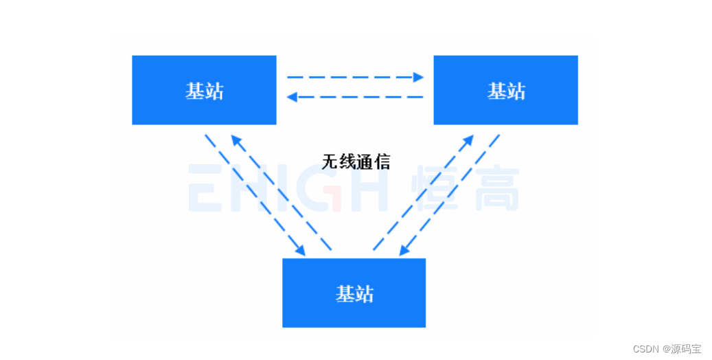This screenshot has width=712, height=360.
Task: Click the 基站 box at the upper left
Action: click(x=204, y=90)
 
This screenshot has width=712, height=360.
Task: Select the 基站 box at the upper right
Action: click(x=505, y=90)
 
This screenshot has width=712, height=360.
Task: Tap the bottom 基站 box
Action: click(x=354, y=293)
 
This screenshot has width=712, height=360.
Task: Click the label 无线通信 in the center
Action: click(x=356, y=162)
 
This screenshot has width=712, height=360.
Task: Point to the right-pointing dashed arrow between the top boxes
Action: click(x=354, y=77)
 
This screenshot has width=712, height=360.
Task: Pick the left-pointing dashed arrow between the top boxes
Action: click(x=354, y=97)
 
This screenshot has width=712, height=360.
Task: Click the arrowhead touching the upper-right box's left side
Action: click(x=418, y=77)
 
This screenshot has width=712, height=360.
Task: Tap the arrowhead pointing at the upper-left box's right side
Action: click(x=292, y=97)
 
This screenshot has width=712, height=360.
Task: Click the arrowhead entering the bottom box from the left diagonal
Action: click(x=300, y=251)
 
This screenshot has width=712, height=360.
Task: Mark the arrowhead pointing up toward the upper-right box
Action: click(x=468, y=140)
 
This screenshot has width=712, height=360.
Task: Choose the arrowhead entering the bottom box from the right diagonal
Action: click(x=404, y=251)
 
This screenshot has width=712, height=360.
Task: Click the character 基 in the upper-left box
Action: click(x=194, y=91)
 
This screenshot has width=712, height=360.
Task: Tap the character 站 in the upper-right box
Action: click(x=516, y=91)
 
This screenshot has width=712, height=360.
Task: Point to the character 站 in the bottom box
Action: click(x=364, y=293)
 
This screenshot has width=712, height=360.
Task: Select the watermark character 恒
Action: click(x=435, y=187)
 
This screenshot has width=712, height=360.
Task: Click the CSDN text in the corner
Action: click(x=645, y=349)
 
